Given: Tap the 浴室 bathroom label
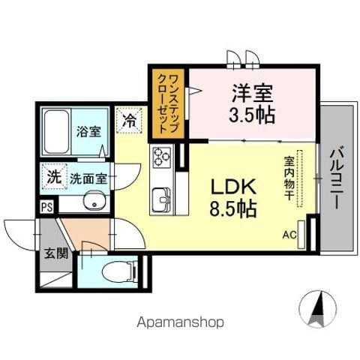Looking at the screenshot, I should pos(88,132).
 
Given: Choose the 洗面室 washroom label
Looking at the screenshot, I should pos(88,178).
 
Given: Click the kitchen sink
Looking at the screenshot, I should pos(163,199).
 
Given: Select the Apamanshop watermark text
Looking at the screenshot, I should pos(180,323).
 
